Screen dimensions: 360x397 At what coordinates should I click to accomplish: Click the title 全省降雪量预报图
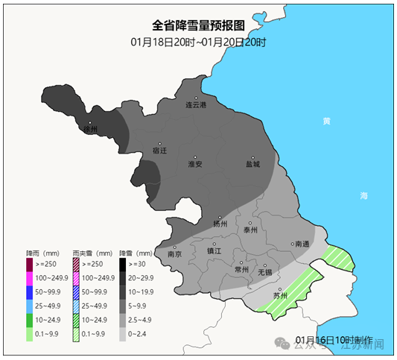[x=198, y=25]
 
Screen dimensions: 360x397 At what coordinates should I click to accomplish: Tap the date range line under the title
[x=198, y=42]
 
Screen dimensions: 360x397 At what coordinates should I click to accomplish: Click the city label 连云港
[x=196, y=105]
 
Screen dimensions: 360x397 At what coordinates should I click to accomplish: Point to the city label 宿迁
[x=159, y=150]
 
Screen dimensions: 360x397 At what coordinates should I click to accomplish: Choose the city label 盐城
[x=253, y=164]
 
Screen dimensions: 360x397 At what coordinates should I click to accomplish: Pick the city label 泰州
[x=250, y=230]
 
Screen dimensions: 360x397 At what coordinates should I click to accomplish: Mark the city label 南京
[x=175, y=253]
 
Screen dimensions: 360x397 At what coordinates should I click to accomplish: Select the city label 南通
[x=302, y=244]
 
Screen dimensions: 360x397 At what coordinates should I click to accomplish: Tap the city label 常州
[x=241, y=269]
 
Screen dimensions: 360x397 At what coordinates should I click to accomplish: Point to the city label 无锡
[x=265, y=271]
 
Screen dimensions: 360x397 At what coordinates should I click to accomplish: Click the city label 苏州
[x=280, y=295]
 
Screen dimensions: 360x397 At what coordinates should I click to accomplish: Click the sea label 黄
[x=326, y=121]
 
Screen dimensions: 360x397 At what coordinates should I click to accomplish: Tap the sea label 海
[x=363, y=195]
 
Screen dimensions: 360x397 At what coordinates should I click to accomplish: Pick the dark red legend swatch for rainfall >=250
[x=29, y=265]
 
